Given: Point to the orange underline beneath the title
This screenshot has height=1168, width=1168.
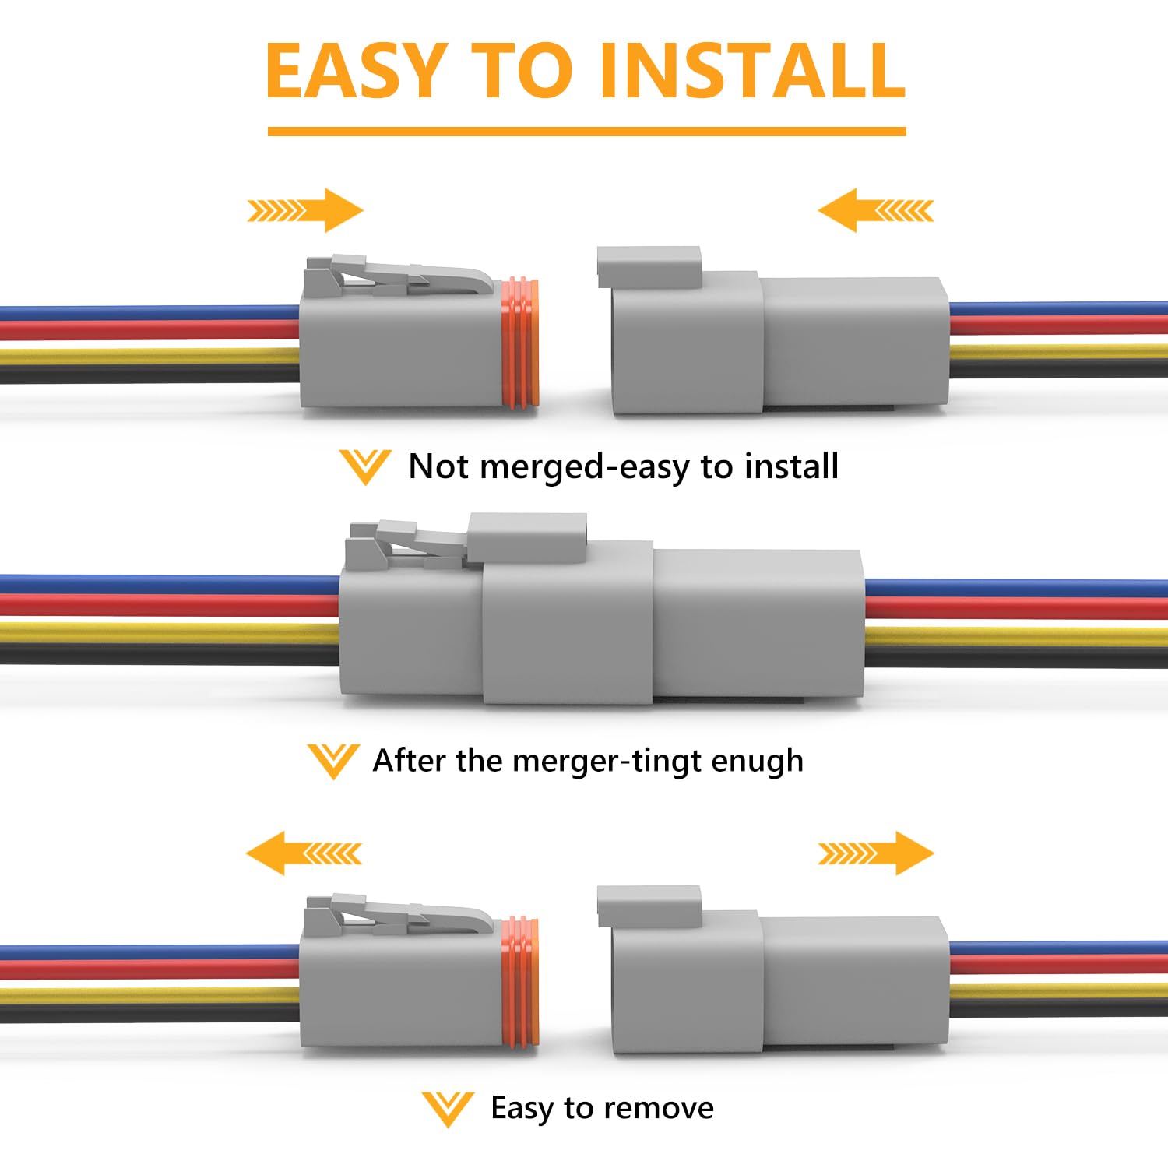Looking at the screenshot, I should tap(586, 132).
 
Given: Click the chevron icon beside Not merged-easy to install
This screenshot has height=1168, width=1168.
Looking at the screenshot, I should tap(365, 467).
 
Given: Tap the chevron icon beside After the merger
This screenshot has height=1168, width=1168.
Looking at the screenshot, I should tap(333, 761).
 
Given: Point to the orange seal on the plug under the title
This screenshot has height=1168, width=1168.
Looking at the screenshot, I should tap(519, 343).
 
